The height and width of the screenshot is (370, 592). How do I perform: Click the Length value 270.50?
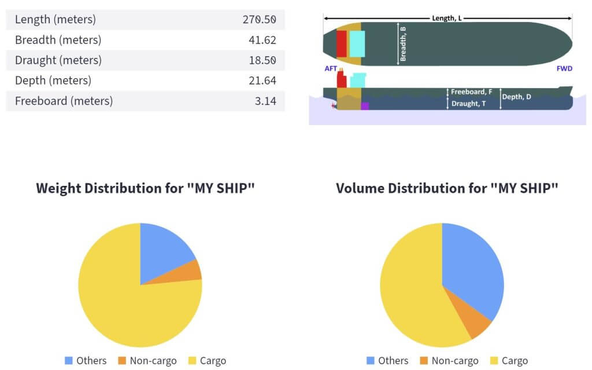[x=259, y=20]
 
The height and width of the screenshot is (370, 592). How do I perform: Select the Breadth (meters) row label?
[x=58, y=40]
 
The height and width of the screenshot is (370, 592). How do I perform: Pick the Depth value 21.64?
[x=262, y=80]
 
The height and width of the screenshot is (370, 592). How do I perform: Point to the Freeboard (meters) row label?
[x=64, y=101]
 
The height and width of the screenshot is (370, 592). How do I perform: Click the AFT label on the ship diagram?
[x=331, y=68]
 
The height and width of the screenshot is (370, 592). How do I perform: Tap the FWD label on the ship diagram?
[x=564, y=68]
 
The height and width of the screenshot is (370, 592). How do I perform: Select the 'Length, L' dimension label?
[x=447, y=18]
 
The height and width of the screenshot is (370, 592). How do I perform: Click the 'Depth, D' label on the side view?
[x=516, y=97]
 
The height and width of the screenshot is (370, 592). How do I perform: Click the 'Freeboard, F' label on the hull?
[x=471, y=91]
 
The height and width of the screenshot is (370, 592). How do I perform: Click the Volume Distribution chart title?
[x=447, y=189]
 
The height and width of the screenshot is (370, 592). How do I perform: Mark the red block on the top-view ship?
[x=342, y=43]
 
